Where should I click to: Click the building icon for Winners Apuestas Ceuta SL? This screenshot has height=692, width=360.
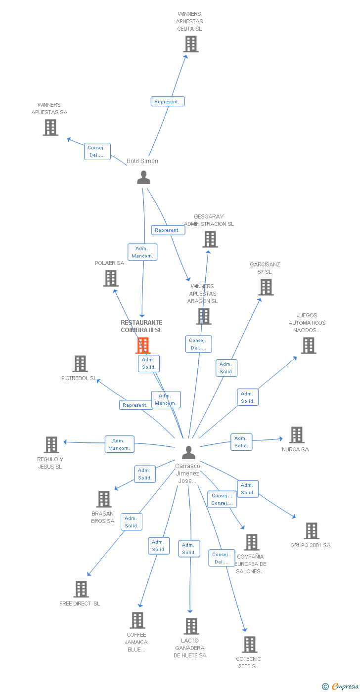tap(190, 44)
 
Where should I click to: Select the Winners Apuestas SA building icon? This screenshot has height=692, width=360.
tap(50, 128)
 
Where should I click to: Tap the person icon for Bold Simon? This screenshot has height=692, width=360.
tap(143, 177)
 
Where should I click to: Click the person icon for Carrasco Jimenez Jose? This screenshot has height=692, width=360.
tap(188, 452)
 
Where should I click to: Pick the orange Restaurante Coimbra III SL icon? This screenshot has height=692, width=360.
tap(143, 345)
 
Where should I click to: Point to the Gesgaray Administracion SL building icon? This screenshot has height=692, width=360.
tap(210, 239)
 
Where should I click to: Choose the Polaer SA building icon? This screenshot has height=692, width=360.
tap(110, 278)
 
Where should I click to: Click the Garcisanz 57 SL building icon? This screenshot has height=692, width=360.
tap(266, 287)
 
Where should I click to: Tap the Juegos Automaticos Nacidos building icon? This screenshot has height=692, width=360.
tap(308, 346)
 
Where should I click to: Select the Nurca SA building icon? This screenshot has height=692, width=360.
tap(296, 435)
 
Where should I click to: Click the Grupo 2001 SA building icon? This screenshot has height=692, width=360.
tap(311, 531)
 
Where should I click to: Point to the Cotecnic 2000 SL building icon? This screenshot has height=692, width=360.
tap(250, 644)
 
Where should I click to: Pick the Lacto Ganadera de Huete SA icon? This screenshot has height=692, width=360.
tap(191, 626)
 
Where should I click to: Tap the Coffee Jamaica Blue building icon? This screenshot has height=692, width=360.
tap(137, 620)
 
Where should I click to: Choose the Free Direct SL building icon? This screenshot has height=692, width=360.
tap(81, 589)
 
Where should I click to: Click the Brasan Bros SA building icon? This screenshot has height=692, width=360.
tap(104, 499)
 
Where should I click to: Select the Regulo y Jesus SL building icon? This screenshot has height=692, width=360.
tap(51, 445)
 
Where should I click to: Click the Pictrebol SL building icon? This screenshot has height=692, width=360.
tap(80, 364)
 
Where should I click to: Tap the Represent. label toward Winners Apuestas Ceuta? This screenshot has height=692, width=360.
tap(168, 101)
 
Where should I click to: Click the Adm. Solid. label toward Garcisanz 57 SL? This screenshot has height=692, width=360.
tap(226, 368)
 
